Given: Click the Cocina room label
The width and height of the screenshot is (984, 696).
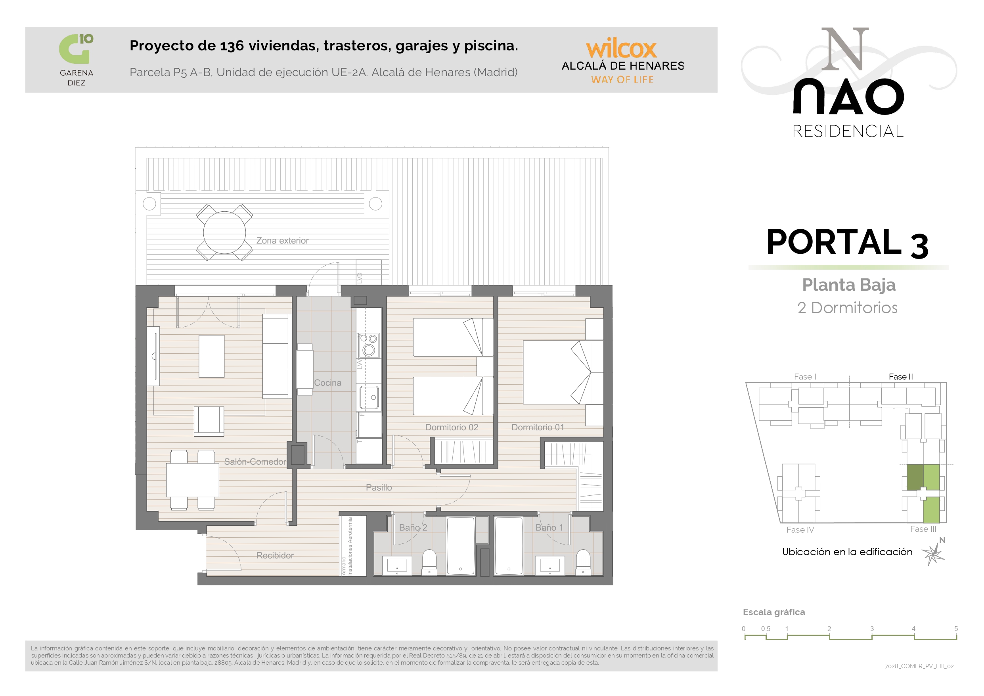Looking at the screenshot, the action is (328, 383).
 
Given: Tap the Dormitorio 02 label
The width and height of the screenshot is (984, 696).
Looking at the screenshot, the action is (452, 427).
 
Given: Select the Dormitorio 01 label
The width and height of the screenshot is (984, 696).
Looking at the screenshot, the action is (538, 427).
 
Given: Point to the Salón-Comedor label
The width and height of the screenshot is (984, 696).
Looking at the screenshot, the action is (255, 462).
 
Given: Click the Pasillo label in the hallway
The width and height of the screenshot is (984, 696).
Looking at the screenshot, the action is (379, 487).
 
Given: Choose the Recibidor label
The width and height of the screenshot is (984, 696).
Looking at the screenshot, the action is (275, 555).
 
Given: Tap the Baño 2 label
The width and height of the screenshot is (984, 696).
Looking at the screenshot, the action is (413, 527).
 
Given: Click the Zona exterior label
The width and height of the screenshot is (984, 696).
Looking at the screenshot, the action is (282, 241).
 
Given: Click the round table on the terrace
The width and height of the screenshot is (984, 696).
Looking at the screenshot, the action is (224, 233).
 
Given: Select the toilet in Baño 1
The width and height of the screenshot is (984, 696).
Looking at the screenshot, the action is (583, 562).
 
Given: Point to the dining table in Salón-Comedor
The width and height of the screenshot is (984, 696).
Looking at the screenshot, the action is (192, 480).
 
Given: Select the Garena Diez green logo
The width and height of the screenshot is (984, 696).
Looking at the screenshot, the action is (76, 48).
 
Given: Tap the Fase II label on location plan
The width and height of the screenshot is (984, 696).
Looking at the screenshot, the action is (901, 376).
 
